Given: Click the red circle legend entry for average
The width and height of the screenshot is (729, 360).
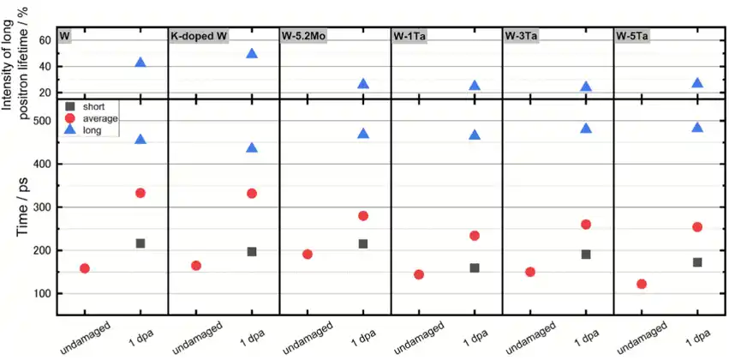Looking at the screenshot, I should (69, 118).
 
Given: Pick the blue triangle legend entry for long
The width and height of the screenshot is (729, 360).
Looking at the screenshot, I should (69, 130).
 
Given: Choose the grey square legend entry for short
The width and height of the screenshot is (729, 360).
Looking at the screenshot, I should (69, 106).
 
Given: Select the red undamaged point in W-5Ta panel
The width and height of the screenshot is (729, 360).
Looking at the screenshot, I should (642, 284).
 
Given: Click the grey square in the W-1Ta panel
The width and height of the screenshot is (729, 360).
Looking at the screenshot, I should (475, 267).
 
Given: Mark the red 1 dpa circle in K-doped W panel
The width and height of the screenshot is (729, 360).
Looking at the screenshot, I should (252, 194).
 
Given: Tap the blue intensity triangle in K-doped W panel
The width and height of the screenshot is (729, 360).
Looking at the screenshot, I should (252, 53).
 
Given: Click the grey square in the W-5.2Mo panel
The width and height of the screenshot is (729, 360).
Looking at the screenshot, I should (363, 243).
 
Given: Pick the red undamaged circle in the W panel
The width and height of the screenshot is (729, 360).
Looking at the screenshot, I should (85, 268).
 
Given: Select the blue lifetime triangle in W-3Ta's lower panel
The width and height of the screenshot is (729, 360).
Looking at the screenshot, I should (586, 129).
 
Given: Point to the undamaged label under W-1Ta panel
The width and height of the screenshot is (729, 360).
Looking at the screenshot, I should (418, 337).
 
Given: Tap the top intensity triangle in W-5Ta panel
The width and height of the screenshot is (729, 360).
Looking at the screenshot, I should (697, 83).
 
